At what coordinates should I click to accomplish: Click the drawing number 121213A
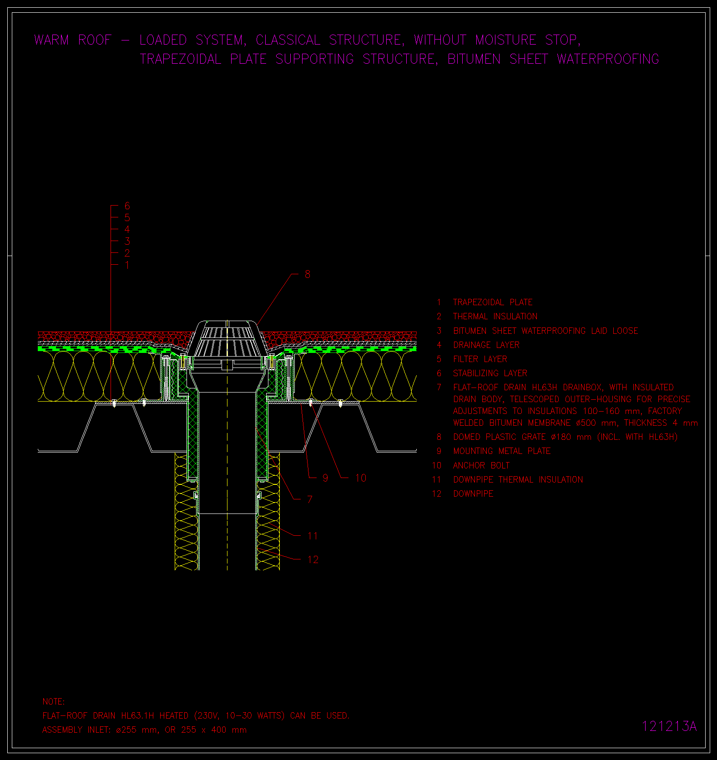click(x=669, y=726)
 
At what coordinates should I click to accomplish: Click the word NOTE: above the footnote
click(x=54, y=702)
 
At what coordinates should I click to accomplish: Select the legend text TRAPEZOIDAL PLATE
click(x=493, y=302)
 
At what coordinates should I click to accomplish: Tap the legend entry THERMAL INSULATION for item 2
click(x=495, y=317)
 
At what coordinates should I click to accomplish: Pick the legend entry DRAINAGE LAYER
click(x=486, y=345)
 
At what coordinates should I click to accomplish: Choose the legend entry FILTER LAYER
click(x=480, y=359)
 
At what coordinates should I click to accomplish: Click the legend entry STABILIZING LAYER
click(x=490, y=373)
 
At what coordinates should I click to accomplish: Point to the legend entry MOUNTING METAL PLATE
click(x=502, y=451)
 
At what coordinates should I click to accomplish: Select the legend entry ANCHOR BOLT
click(x=481, y=466)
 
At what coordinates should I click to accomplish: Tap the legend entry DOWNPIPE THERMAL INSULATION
click(x=518, y=480)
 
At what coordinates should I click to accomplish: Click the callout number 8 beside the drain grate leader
click(x=308, y=274)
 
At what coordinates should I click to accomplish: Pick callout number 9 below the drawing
click(x=325, y=478)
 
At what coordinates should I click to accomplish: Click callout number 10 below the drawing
click(x=361, y=478)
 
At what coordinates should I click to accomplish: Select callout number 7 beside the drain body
click(x=309, y=500)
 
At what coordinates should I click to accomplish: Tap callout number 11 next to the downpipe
click(x=313, y=536)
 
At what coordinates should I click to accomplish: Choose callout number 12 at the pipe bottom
click(x=313, y=560)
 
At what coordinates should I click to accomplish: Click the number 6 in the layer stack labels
click(x=127, y=206)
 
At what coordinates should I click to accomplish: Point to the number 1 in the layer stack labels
click(x=127, y=265)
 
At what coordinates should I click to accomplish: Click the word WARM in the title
click(x=51, y=40)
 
